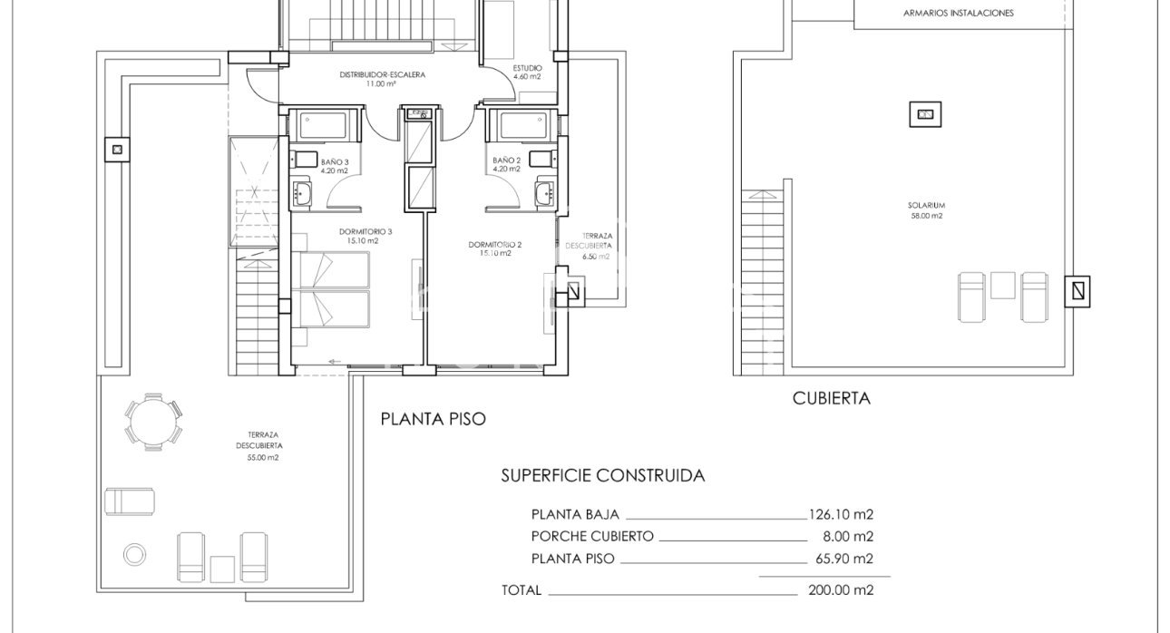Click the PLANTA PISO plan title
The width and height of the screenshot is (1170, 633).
tap(433, 419)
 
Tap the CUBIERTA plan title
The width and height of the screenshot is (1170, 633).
tap(831, 397)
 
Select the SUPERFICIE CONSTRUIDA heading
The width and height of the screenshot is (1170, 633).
tap(602, 475)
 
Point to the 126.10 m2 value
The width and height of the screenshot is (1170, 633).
tap(841, 513)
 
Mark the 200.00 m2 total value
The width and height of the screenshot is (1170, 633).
tap(841, 589)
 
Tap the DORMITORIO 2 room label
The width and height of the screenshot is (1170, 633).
tap(495, 245)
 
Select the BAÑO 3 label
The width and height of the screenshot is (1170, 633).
tap(334, 162)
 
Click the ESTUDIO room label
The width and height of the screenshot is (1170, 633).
tap(527, 68)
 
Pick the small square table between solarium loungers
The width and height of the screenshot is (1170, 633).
tap(1002, 286)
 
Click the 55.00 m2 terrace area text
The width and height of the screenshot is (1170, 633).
tap(258, 458)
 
